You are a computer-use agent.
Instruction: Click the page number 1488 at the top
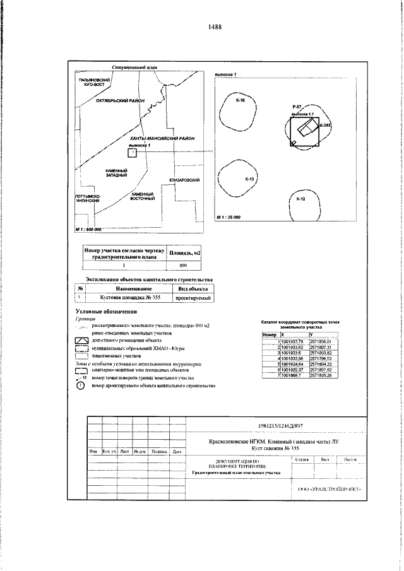214,27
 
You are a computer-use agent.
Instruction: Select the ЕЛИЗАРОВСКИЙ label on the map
184,180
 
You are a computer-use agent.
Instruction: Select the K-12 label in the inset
300,199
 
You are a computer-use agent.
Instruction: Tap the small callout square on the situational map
132,152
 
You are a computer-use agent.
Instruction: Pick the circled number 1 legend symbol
80,386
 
